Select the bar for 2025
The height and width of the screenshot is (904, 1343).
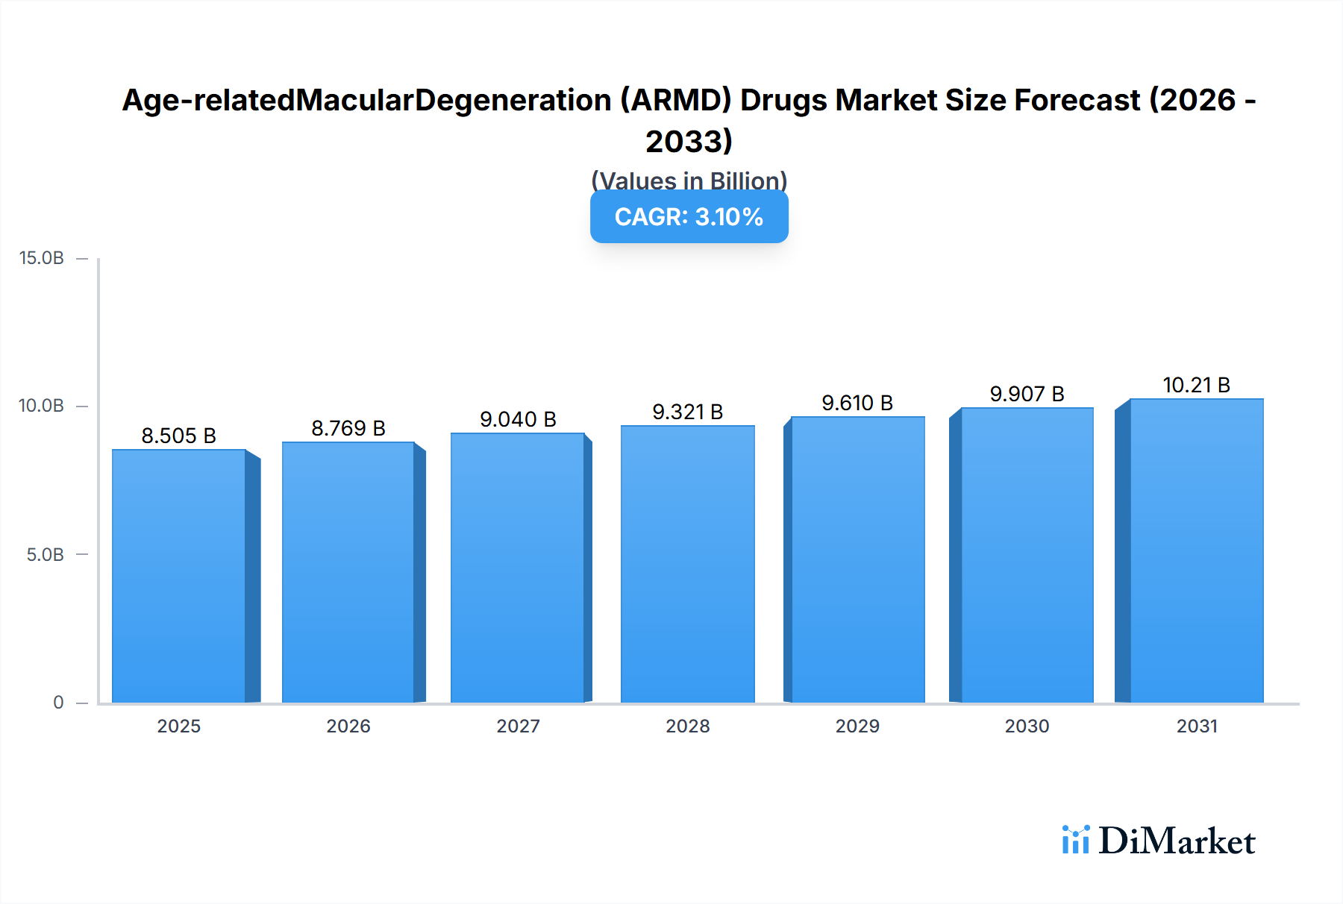179,576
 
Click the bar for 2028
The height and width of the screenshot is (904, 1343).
687,564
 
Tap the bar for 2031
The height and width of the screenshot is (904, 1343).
1196,550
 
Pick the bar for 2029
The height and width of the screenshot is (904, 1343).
857,559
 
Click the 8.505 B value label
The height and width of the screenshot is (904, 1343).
179,436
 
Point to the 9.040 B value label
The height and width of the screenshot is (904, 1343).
518,419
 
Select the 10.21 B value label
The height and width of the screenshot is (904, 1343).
1196,385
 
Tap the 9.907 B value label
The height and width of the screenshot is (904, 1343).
1027,394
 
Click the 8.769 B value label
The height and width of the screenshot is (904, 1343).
348,428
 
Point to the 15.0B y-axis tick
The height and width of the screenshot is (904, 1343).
42,258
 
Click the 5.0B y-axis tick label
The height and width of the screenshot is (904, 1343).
46,554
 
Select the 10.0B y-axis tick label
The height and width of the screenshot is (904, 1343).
42,406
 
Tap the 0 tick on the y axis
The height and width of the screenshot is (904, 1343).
58,702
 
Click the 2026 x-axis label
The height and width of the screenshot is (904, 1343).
348,726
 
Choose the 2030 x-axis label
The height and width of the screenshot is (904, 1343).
1027,726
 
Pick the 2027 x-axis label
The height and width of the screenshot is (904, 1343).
518,726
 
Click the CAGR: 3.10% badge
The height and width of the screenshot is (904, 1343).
689,217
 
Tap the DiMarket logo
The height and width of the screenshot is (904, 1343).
1158,841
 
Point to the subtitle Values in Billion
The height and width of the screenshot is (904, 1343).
689,180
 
